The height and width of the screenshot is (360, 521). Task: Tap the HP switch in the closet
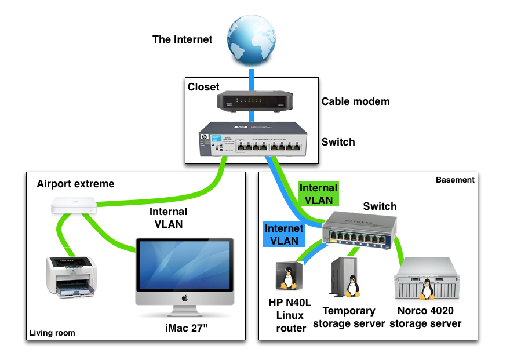[252, 139]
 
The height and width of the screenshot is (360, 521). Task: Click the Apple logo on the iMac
[184, 298]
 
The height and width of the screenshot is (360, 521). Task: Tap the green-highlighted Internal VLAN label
[318, 194]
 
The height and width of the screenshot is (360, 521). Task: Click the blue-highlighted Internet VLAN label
[284, 234]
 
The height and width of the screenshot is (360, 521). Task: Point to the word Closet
[203, 87]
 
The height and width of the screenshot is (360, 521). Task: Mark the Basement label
[455, 180]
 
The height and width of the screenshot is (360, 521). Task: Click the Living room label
[52, 333]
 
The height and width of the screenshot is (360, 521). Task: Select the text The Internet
[182, 40]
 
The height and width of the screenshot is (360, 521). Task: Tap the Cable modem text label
[355, 101]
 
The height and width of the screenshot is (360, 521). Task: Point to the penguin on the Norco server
[427, 289]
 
